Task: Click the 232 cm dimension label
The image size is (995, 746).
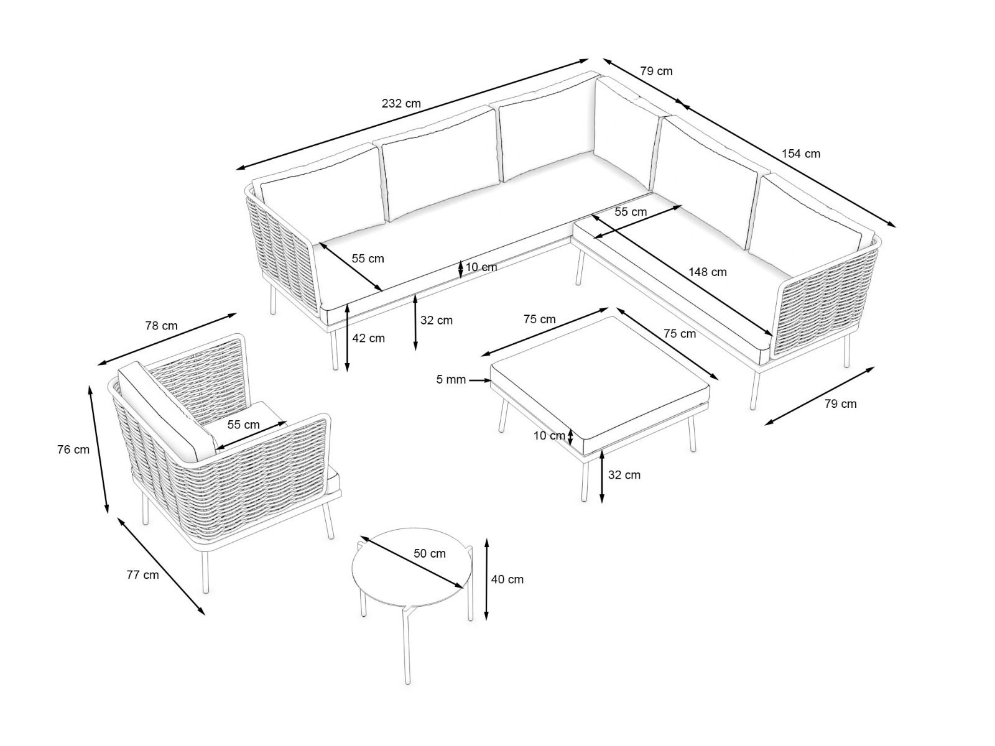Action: pos(401,104)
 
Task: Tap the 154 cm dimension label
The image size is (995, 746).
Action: pos(801,154)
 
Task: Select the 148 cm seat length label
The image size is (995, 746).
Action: pos(708,272)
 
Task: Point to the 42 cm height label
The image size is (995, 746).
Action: pos(368,338)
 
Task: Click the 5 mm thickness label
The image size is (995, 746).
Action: pos(451,379)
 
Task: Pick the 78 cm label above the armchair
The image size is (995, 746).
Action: pos(161,326)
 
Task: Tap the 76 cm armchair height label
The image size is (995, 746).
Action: pos(73,449)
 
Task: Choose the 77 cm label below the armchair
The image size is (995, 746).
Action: pos(142,575)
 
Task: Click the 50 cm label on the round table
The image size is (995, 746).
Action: pos(430,553)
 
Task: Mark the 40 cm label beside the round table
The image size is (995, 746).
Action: pos(507,579)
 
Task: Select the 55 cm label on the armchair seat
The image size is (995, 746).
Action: pos(243,425)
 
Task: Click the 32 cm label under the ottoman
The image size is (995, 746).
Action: pos(624,475)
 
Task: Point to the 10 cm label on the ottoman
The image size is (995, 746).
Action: pos(549,436)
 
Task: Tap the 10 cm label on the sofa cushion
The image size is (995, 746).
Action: pos(481,267)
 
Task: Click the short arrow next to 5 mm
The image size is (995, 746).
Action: pos(480,380)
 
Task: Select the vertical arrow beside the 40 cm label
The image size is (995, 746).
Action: pos(488,579)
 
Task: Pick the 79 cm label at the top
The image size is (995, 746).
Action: pos(656,71)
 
